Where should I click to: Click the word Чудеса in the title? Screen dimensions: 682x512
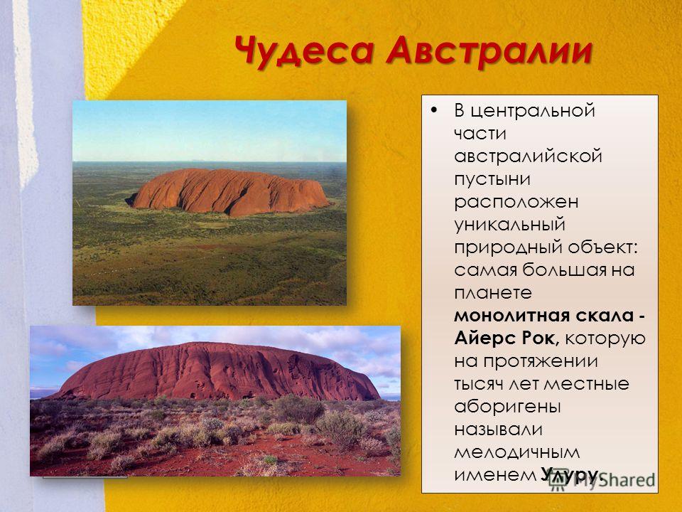click(x=304, y=51)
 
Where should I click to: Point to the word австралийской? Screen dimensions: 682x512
click(x=528, y=156)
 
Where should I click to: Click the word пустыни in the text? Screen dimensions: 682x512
click(x=492, y=179)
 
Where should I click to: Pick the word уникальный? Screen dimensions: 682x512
click(x=510, y=225)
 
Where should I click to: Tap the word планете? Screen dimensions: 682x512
click(x=493, y=292)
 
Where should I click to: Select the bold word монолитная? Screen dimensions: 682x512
click(x=512, y=315)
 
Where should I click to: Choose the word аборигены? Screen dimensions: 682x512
click(x=507, y=407)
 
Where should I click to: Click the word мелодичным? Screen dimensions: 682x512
click(x=516, y=452)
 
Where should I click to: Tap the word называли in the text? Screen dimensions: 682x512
click(x=499, y=430)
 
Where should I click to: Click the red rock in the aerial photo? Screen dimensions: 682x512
click(x=228, y=192)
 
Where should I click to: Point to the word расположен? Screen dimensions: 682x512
click(x=516, y=202)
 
